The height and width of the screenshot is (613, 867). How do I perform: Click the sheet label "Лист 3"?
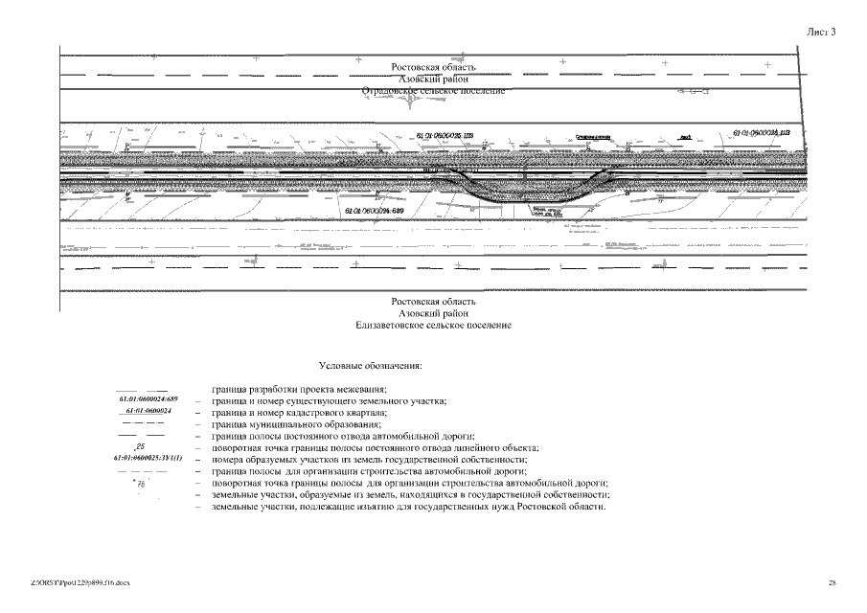coord(821,32)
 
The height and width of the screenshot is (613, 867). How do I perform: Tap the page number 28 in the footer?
coord(832,581)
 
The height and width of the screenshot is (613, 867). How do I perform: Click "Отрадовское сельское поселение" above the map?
coord(433,90)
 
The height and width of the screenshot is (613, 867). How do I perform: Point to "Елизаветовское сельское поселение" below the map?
coord(433,326)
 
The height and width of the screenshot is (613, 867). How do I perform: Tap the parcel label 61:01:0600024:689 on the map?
coord(374,210)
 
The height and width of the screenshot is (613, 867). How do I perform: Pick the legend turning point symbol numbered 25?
coord(139,447)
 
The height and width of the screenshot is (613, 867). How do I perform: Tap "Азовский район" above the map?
coord(433,79)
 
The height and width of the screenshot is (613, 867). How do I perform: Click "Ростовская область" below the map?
coord(433,302)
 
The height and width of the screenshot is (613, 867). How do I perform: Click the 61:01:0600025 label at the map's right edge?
coord(761,134)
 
